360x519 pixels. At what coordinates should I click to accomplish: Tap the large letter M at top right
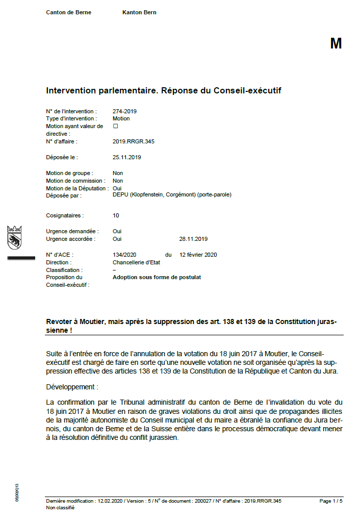pyautogui.click(x=336, y=44)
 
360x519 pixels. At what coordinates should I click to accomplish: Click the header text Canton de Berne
pyautogui.click(x=69, y=12)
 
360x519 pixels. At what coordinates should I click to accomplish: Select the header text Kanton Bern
pyautogui.click(x=139, y=12)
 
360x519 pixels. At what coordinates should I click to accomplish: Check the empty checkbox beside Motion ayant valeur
pyautogui.click(x=115, y=126)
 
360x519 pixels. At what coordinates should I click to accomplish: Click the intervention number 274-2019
pyautogui.click(x=124, y=111)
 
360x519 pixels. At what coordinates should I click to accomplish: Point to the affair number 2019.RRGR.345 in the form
pyautogui.click(x=133, y=141)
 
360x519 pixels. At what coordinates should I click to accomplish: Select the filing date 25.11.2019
pyautogui.click(x=126, y=157)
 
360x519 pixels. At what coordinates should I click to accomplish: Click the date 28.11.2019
pyautogui.click(x=193, y=239)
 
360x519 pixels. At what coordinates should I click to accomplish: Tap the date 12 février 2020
pyautogui.click(x=198, y=255)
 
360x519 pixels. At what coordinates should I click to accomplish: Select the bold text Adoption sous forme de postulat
pyautogui.click(x=157, y=278)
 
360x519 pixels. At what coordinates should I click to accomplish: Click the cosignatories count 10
pyautogui.click(x=116, y=216)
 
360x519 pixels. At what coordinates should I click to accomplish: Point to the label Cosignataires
pyautogui.click(x=65, y=216)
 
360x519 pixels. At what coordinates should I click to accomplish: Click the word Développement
pyautogui.click(x=70, y=387)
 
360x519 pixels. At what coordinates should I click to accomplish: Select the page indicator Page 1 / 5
pyautogui.click(x=331, y=501)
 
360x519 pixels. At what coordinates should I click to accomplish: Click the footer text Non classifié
pyautogui.click(x=60, y=508)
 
